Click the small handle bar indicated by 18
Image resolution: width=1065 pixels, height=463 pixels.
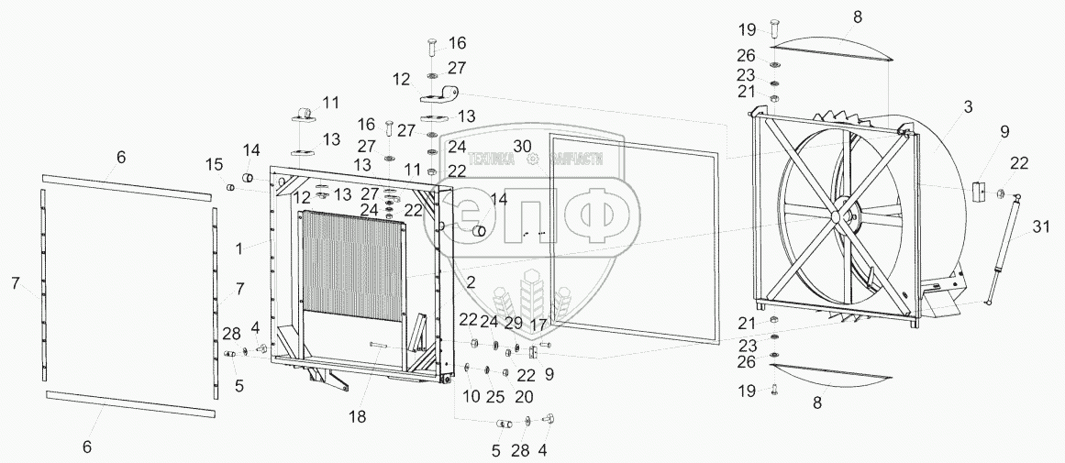[383, 345]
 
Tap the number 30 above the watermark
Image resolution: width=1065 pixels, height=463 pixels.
[522, 146]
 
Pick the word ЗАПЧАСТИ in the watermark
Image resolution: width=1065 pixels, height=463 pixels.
[576, 158]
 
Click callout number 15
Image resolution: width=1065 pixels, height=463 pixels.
[214, 165]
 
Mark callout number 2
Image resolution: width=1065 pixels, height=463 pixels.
[470, 283]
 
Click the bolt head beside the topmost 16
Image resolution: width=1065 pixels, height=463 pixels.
[432, 45]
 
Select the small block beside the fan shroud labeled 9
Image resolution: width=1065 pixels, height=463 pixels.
[977, 193]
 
